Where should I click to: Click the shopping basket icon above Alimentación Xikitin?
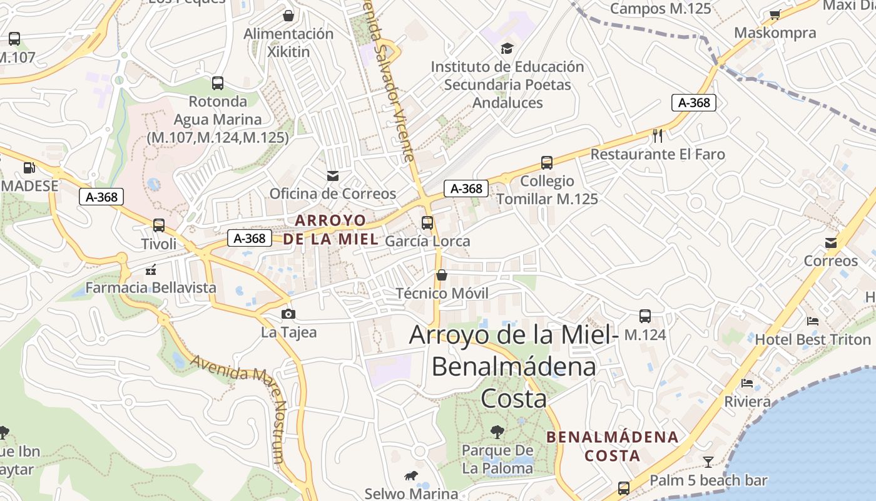click(x=288, y=15)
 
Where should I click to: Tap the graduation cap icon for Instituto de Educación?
click(x=507, y=48)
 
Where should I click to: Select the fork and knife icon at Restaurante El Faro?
click(x=658, y=135)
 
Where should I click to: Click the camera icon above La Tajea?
click(x=288, y=314)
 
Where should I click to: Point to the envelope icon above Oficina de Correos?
click(x=332, y=176)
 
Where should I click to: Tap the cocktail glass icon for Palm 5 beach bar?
click(x=708, y=462)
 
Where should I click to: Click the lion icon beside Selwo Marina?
click(x=410, y=476)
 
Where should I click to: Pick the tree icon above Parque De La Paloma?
click(x=497, y=431)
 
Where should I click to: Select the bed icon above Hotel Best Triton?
click(x=813, y=321)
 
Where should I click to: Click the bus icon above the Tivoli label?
click(x=159, y=225)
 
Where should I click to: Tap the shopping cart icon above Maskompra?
click(x=775, y=15)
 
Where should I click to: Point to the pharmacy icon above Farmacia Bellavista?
click(x=150, y=270)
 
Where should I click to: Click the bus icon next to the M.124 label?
click(x=645, y=316)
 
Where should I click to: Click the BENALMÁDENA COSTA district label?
click(x=613, y=446)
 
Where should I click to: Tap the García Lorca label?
click(x=427, y=241)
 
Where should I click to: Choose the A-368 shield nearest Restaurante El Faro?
click(x=693, y=103)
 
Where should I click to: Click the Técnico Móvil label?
click(x=442, y=293)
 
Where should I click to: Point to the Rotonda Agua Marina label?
click(x=217, y=119)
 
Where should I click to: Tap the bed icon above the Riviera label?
click(x=746, y=383)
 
